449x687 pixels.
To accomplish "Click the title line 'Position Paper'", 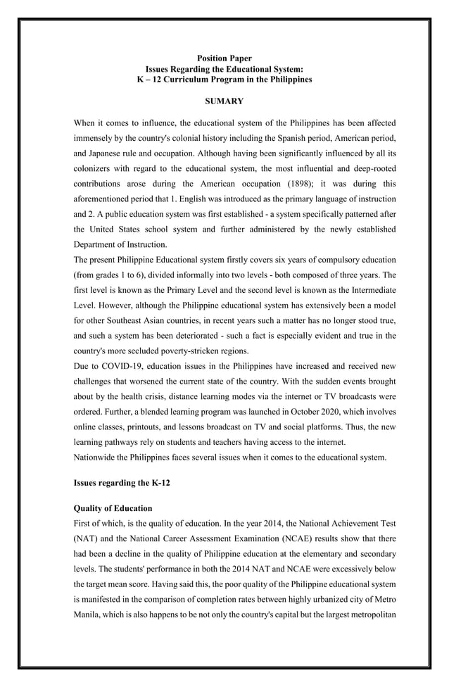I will pos(224,58).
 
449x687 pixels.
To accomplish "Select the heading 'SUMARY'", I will pos(224,102).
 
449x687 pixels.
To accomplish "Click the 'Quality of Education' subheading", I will pos(113,508).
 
